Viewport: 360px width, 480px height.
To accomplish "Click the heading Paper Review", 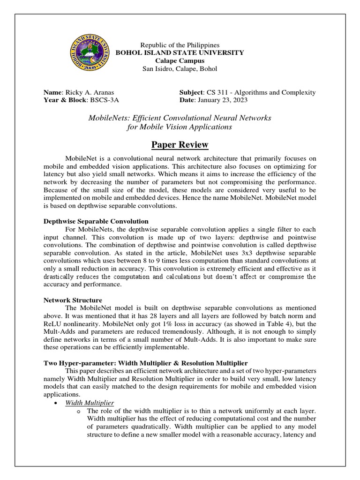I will [180, 144].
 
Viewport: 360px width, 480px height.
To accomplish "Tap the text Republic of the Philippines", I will [180, 45].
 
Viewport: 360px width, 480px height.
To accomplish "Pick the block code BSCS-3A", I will [103, 100].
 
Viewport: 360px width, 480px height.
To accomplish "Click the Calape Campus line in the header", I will [180, 61].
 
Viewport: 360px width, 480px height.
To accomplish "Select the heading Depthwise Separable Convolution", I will [96, 221].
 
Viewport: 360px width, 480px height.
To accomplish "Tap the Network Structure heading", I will [73, 300].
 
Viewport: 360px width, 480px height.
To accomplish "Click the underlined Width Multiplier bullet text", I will [90, 403].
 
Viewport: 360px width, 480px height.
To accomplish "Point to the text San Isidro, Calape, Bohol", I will [180, 69].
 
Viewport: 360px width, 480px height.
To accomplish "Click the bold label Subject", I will [190, 92].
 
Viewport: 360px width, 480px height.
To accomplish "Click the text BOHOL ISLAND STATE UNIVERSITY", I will [180, 53].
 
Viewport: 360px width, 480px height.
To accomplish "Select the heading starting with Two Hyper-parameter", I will [145, 363].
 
